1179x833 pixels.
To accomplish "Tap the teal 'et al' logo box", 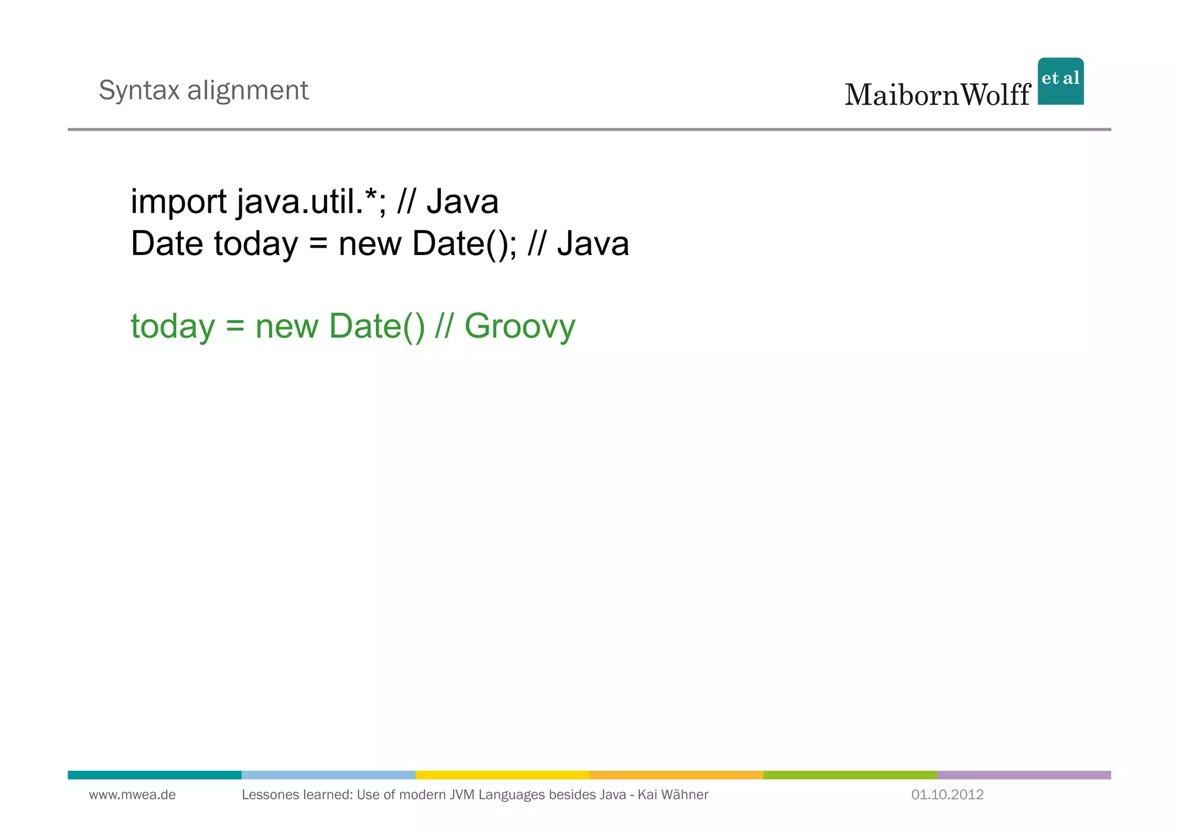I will (x=1060, y=81).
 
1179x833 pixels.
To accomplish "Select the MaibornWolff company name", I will (x=937, y=95).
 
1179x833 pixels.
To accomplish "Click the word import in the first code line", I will (x=178, y=203).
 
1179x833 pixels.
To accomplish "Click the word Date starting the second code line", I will (x=167, y=244).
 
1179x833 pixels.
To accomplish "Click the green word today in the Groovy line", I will (x=173, y=326).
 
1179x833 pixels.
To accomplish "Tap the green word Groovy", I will (x=519, y=326).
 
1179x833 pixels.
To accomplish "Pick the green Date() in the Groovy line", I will (x=376, y=326).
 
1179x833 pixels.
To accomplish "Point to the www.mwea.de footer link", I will (x=132, y=795).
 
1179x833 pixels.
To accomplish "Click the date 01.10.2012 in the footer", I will (x=947, y=795).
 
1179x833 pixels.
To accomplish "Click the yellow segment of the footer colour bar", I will (x=502, y=775).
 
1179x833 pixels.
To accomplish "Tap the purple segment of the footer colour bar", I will (x=1024, y=775).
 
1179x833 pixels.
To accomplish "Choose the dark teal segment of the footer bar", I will (x=154, y=775).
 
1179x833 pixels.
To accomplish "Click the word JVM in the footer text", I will (x=462, y=795).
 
